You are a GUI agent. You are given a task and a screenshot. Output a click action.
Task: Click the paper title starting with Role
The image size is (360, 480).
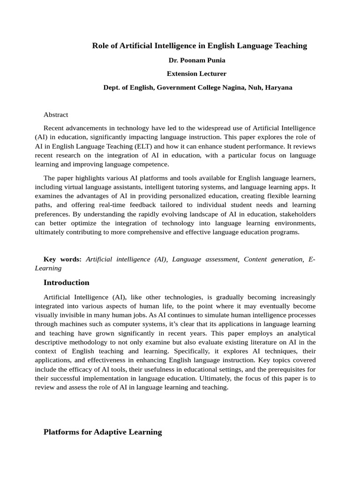pos(199,45)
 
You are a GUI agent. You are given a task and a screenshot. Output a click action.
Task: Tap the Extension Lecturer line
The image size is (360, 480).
pos(196,74)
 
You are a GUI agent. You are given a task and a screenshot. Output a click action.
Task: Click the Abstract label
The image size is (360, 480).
pos(56,114)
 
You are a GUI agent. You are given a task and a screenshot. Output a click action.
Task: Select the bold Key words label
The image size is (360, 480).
pos(62,259)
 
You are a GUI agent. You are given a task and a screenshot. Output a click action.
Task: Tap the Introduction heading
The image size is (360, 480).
pos(66,282)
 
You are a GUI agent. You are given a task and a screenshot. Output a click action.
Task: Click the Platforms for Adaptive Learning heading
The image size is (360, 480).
pos(103,432)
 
